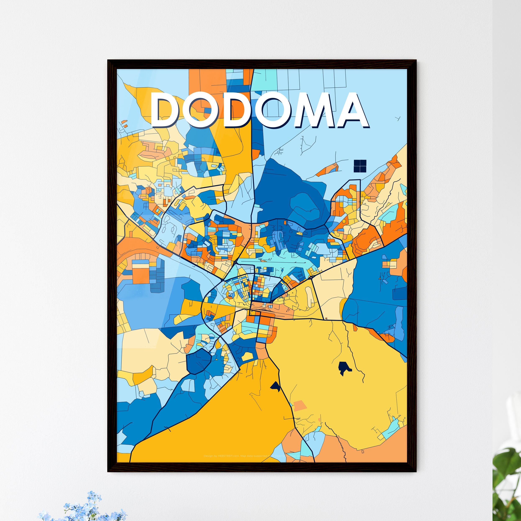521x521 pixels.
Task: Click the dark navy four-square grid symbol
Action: (x=360, y=166)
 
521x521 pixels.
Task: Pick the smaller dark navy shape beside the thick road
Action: (x=276, y=387)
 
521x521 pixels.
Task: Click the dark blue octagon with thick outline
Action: (x=198, y=361)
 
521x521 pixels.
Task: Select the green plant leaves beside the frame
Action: (x=507, y=485)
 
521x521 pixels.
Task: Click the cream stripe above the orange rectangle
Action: (x=140, y=266)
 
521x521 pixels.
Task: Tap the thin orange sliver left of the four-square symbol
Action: (x=327, y=169)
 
